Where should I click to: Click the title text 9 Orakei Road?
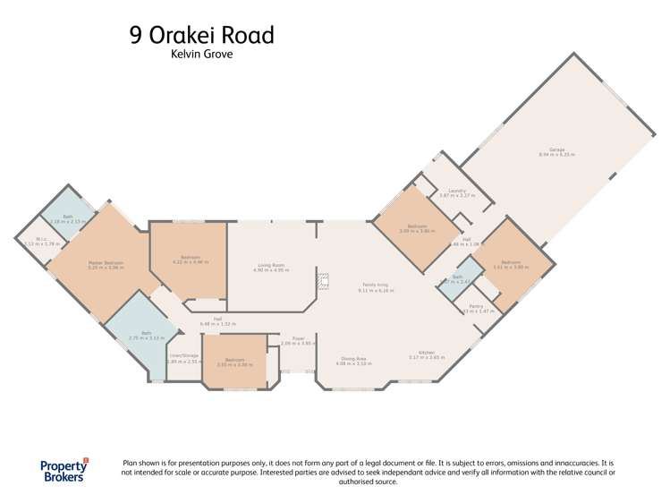[200, 35]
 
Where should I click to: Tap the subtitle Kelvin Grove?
[200, 55]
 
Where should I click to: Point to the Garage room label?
[556, 151]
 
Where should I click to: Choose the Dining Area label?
[352, 360]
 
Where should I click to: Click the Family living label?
[376, 286]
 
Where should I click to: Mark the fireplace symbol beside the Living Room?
[324, 282]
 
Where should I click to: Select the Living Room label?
[271, 265]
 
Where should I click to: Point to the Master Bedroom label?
[106, 263]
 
